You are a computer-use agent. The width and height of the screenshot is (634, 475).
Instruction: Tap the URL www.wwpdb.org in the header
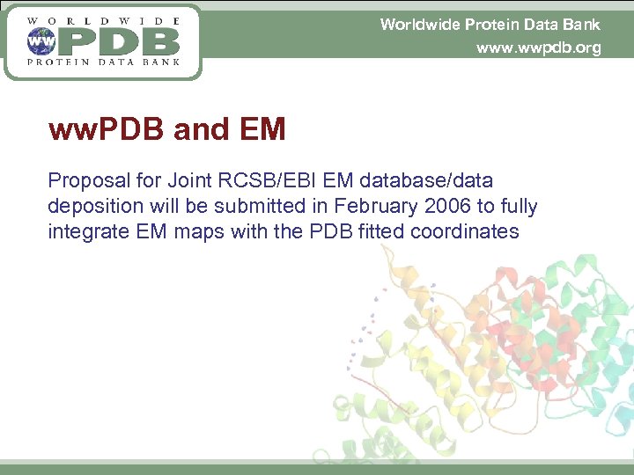click(x=538, y=47)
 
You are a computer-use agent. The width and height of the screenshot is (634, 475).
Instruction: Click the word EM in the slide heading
click(x=262, y=130)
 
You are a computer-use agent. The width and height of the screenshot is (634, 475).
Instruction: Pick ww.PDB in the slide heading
click(x=107, y=130)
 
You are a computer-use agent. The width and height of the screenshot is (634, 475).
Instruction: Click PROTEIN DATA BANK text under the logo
click(x=105, y=62)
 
